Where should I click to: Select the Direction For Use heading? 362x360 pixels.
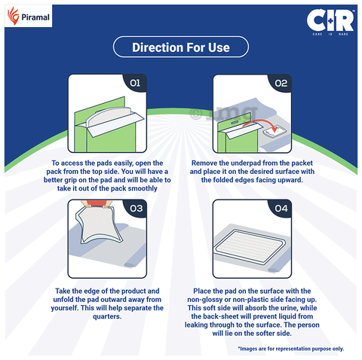(180, 48)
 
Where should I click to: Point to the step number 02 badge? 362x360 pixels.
(280, 84)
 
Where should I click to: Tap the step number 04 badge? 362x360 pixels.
(280, 208)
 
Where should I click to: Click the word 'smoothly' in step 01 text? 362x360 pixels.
(143, 188)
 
